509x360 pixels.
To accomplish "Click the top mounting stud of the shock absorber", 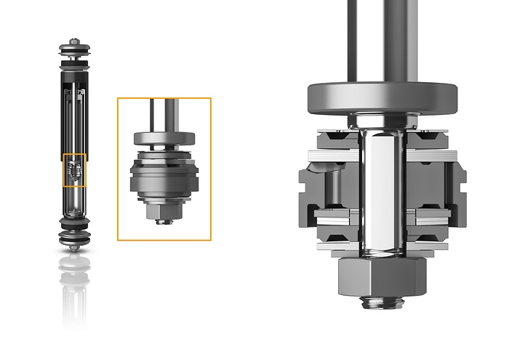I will click(x=74, y=41).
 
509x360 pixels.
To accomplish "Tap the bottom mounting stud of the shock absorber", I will click(x=74, y=247).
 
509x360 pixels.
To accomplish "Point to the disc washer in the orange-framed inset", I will click(x=164, y=137).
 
